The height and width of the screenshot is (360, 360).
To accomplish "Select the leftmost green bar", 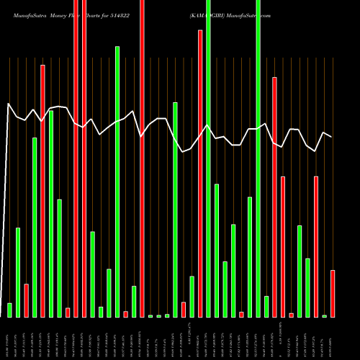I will point(9,310).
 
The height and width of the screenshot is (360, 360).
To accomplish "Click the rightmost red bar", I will point(333,293).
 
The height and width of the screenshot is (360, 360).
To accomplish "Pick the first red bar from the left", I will point(26,300).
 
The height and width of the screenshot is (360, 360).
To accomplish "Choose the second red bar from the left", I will point(42,191).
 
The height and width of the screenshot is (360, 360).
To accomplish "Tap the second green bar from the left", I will point(18,272).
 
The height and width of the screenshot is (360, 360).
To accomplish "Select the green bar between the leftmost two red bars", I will point(35,227).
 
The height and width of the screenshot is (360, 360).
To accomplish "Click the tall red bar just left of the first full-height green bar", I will point(200,173).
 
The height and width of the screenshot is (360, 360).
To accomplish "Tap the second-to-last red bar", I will point(316,246).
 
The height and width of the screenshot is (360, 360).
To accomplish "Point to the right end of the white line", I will point(331,136).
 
